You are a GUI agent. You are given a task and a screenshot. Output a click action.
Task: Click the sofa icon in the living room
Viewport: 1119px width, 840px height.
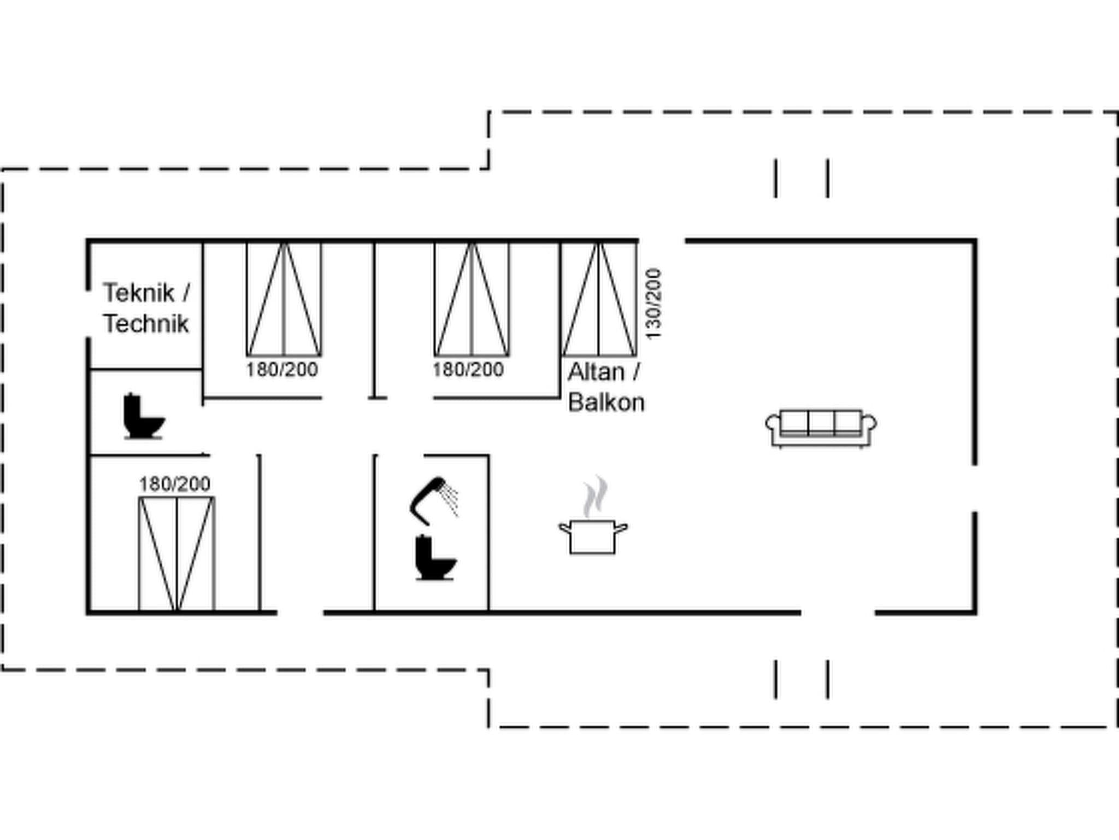tap(821, 428)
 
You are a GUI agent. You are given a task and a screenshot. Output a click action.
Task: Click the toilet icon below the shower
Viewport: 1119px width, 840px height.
tap(434, 558)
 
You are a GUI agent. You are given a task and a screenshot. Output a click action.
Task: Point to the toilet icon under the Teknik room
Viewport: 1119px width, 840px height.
tap(143, 416)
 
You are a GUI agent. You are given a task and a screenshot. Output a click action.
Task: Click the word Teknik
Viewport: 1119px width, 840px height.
tap(138, 293)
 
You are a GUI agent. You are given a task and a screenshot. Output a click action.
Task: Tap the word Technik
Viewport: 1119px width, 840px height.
tap(146, 324)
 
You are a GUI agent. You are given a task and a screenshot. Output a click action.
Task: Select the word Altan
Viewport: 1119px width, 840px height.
tap(596, 372)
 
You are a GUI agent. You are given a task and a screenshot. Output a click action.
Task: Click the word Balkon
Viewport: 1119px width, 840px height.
tap(606, 403)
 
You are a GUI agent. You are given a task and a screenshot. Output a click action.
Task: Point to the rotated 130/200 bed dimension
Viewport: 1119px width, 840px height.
tap(653, 304)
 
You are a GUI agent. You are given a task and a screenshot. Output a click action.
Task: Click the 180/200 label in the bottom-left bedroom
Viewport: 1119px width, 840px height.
tap(174, 484)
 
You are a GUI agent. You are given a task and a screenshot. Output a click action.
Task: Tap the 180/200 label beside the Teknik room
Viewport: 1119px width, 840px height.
tap(281, 370)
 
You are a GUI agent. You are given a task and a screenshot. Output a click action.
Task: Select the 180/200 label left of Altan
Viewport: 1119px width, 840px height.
tap(468, 370)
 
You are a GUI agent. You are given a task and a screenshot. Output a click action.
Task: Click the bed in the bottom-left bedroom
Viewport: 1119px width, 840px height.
tap(176, 553)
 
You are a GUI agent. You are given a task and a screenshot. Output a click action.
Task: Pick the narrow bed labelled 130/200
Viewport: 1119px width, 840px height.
tap(599, 299)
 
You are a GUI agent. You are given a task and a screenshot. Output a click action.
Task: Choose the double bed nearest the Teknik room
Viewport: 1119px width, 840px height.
tap(284, 299)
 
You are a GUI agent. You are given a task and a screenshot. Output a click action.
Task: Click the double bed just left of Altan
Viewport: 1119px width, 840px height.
tap(472, 299)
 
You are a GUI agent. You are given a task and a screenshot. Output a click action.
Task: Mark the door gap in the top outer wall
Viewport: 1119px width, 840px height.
tap(662, 241)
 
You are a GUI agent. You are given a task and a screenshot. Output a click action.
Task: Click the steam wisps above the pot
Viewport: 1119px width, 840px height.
tap(595, 497)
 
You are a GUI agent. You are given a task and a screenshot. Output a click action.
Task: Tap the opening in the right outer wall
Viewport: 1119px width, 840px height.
tap(974, 488)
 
